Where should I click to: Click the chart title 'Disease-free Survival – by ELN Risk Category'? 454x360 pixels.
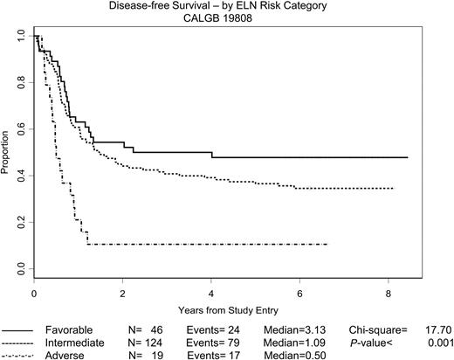tap(230, 6)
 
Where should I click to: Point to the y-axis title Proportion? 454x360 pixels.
tap(7, 154)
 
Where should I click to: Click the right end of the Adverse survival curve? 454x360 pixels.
tap(327, 244)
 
